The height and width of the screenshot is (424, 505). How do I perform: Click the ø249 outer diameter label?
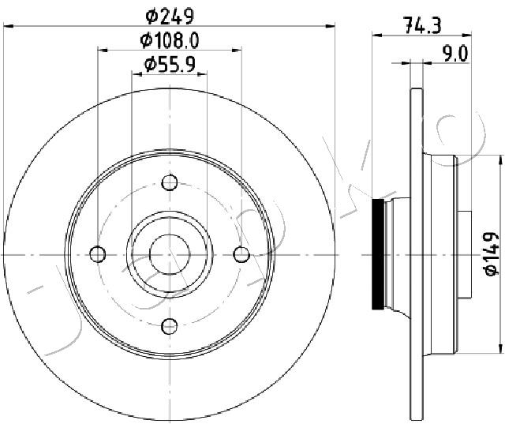(x=170, y=16)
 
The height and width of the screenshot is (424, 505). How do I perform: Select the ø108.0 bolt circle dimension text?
(x=170, y=41)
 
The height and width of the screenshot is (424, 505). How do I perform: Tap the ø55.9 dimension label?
(x=170, y=65)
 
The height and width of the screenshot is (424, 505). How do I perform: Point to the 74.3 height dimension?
(x=422, y=25)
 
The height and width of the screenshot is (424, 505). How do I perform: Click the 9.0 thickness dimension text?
(x=455, y=54)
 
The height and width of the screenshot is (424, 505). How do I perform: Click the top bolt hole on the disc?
(x=170, y=182)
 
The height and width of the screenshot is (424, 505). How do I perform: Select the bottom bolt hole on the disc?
(x=170, y=326)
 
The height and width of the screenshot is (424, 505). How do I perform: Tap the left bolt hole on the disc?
(x=98, y=254)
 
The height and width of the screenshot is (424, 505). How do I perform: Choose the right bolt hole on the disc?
(x=241, y=254)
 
